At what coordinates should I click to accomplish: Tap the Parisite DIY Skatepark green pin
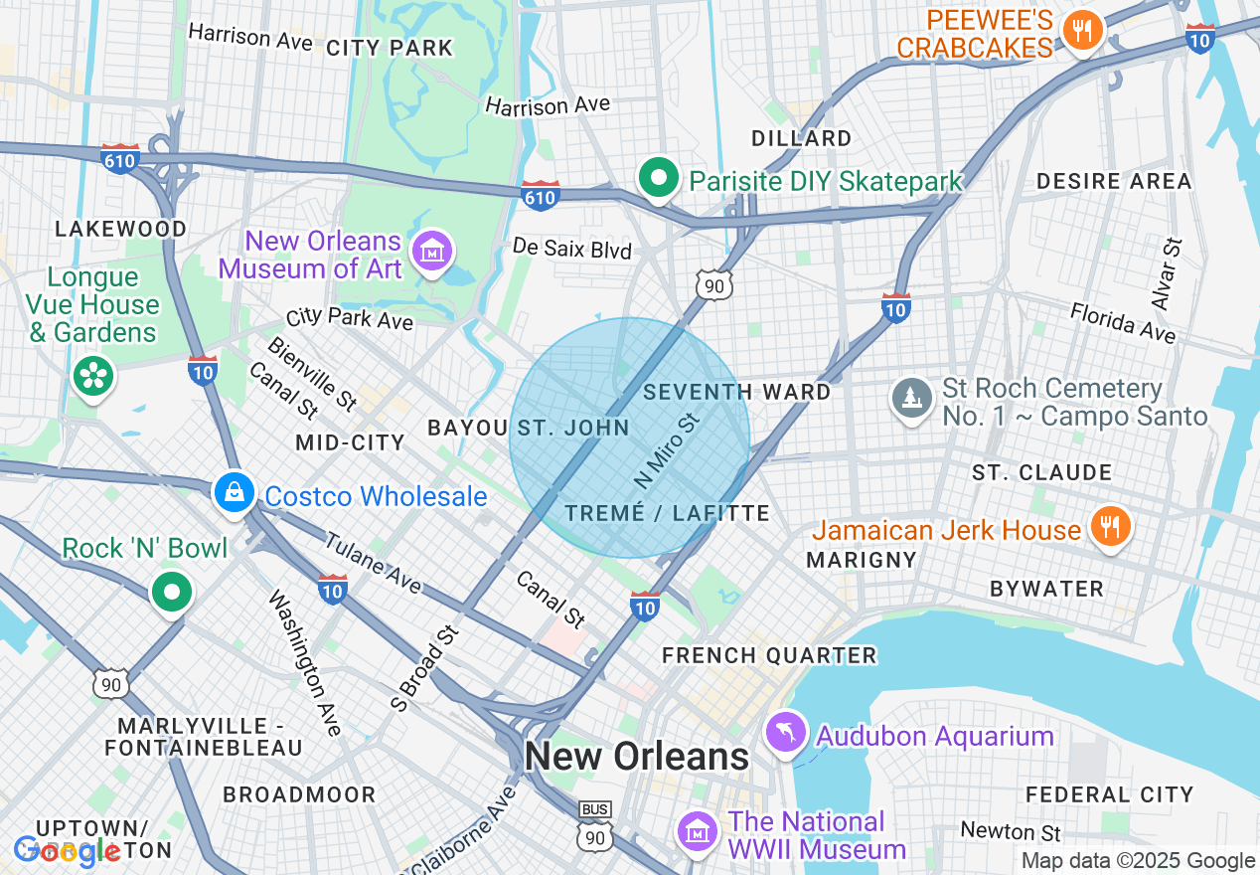click(x=657, y=179)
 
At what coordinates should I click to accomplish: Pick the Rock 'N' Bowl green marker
click(x=172, y=593)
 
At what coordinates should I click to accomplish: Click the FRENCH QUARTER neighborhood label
click(x=769, y=655)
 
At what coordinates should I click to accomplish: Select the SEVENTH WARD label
click(x=736, y=392)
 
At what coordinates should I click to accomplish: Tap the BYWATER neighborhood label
click(x=1046, y=589)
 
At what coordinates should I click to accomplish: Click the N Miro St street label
click(x=667, y=450)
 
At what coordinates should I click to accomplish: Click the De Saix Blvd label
click(x=572, y=249)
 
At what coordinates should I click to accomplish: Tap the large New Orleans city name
click(x=636, y=757)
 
